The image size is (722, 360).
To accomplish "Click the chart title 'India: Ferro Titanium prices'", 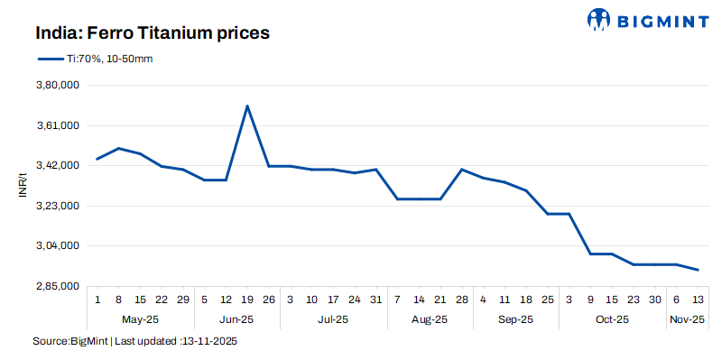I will pos(153,33).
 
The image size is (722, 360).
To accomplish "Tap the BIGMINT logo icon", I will pos(599,19).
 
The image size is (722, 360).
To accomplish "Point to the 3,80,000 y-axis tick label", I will pos(57,86).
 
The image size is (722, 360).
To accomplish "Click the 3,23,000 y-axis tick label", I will pos(57,206).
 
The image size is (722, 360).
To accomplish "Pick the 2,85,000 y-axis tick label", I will pos(57,286).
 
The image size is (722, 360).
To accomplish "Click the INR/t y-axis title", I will pos(23,186).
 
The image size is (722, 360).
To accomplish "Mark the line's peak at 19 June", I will pos(247,106).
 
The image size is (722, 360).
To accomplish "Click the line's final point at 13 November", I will pos(698,270).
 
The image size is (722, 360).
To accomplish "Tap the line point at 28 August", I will pos(462,170).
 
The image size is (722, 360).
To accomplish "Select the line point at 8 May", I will pos(119,148).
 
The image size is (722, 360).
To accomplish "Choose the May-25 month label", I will pos(140,319).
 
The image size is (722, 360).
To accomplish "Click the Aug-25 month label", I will pos(430,319).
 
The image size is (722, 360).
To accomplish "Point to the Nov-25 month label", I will pos(687,319).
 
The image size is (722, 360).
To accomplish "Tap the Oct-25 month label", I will pos(612,319).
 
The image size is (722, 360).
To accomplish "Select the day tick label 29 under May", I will pos(183,300).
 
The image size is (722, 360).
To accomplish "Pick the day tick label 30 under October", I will pos(655,300).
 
